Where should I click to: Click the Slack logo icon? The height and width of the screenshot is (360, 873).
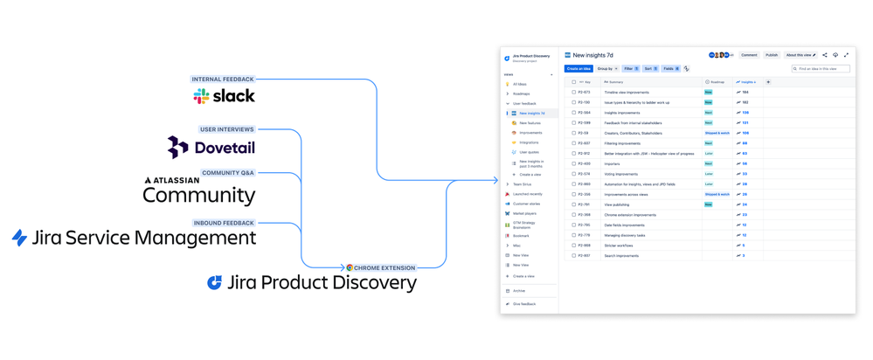click(x=201, y=96)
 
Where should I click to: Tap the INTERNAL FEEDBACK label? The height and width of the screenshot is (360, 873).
click(x=223, y=80)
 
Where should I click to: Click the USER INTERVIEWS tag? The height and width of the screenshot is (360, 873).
click(x=227, y=129)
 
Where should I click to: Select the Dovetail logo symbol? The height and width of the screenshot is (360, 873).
click(x=178, y=148)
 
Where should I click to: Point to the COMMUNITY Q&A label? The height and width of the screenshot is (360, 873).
click(x=228, y=173)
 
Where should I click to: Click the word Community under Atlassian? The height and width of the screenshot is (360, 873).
click(x=199, y=195)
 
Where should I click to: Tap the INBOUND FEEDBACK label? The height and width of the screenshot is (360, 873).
click(x=224, y=223)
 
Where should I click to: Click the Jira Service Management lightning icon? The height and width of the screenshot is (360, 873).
click(x=19, y=238)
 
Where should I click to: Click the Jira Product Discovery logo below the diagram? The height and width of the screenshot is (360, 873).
click(x=214, y=282)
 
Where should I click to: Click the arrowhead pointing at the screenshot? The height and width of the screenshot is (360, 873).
click(x=494, y=181)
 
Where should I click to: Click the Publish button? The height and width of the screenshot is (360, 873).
click(x=772, y=55)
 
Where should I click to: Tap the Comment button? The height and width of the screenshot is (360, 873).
click(x=749, y=55)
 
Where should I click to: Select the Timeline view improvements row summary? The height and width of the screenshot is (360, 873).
click(x=627, y=92)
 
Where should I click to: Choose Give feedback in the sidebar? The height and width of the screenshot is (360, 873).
click(x=524, y=304)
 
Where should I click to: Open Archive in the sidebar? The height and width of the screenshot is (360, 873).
click(x=519, y=291)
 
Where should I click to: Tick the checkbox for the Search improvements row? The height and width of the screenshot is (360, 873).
click(x=574, y=256)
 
